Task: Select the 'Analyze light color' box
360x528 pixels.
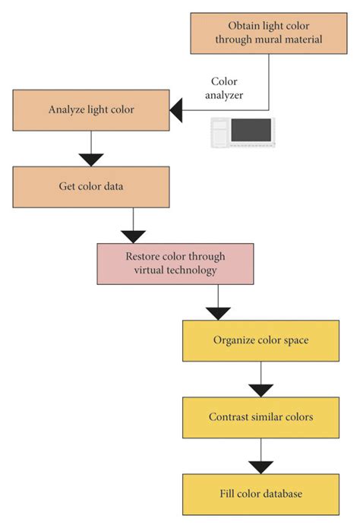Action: tap(90, 109)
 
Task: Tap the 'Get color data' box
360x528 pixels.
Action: tap(90, 186)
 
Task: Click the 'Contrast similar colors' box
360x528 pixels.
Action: tap(260, 417)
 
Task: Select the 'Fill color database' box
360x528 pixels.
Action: tap(260, 494)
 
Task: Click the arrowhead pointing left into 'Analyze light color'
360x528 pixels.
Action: tap(176, 112)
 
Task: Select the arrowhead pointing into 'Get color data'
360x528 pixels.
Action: tap(91, 159)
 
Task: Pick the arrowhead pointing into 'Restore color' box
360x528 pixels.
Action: tap(134, 236)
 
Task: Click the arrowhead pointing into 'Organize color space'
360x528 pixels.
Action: tap(219, 312)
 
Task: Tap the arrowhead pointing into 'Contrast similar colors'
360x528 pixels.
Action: tap(261, 390)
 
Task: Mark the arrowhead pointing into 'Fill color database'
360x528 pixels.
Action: tap(261, 466)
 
